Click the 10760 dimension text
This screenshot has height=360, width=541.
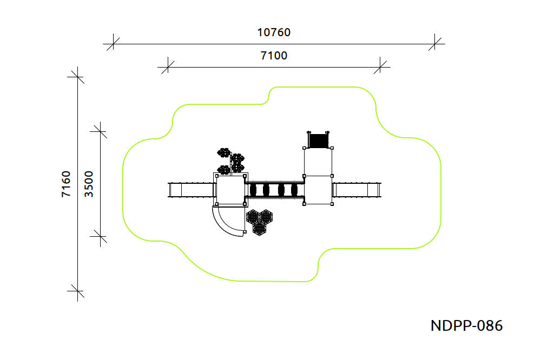(x=274, y=32)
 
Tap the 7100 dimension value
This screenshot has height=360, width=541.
(x=274, y=56)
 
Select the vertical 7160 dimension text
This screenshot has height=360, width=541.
(x=65, y=184)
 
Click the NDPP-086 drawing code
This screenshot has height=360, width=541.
(x=466, y=326)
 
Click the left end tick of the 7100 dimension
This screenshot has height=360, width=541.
(x=167, y=67)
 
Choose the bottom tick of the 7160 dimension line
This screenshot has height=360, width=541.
(x=78, y=292)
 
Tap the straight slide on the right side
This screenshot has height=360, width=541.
(x=358, y=190)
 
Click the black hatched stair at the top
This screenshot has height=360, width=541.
(x=319, y=141)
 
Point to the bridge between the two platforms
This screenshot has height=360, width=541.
(x=274, y=190)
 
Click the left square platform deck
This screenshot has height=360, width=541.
(x=230, y=190)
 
